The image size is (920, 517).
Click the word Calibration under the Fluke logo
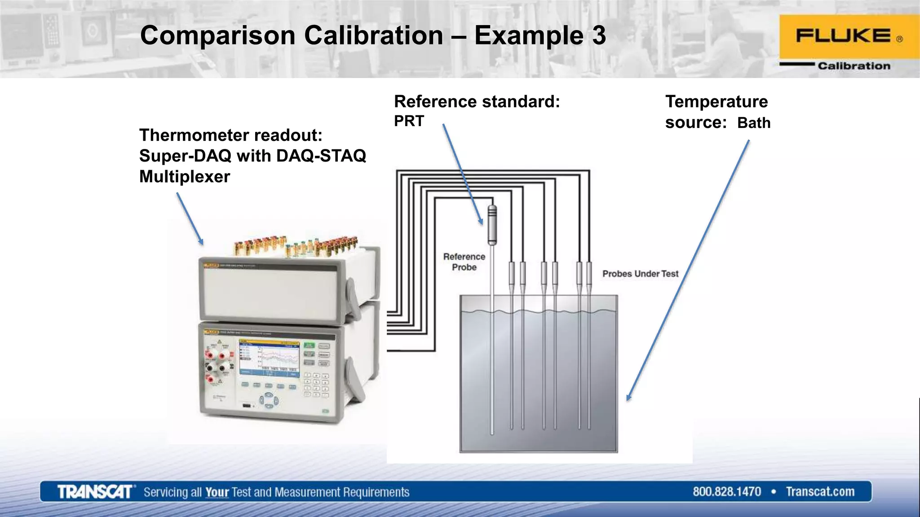coord(854,66)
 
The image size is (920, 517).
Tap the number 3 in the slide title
coord(598,35)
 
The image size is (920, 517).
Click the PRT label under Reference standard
coord(409,121)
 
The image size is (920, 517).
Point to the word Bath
coord(753,123)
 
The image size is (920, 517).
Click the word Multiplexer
coord(184,176)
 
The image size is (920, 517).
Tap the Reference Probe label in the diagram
coord(464,262)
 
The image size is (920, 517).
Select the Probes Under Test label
coord(640,274)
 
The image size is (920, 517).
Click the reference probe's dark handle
coord(492,224)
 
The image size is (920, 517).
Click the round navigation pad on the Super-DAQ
coord(268,400)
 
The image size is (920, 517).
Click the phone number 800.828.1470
coord(726,492)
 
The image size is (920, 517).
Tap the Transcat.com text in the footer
coord(820,492)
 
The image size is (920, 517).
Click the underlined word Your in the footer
coord(217,492)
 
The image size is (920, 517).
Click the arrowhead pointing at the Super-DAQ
coord(201,242)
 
